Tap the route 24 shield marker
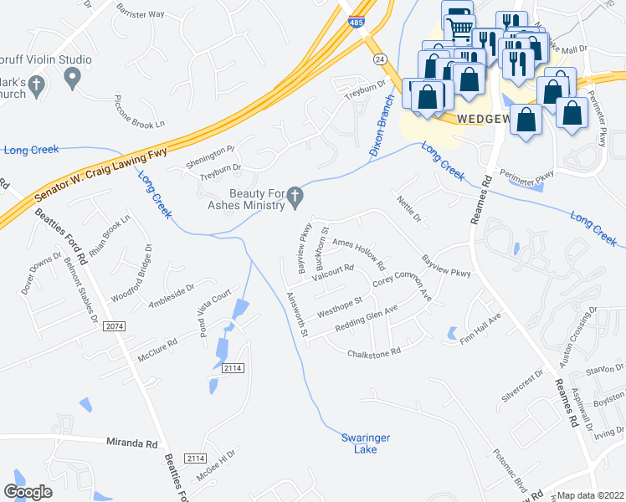(x=381, y=59)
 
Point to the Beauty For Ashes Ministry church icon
(x=294, y=197)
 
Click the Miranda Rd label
(x=132, y=443)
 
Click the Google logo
(x=28, y=492)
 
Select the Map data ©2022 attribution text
(x=591, y=495)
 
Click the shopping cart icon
(x=459, y=30)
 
